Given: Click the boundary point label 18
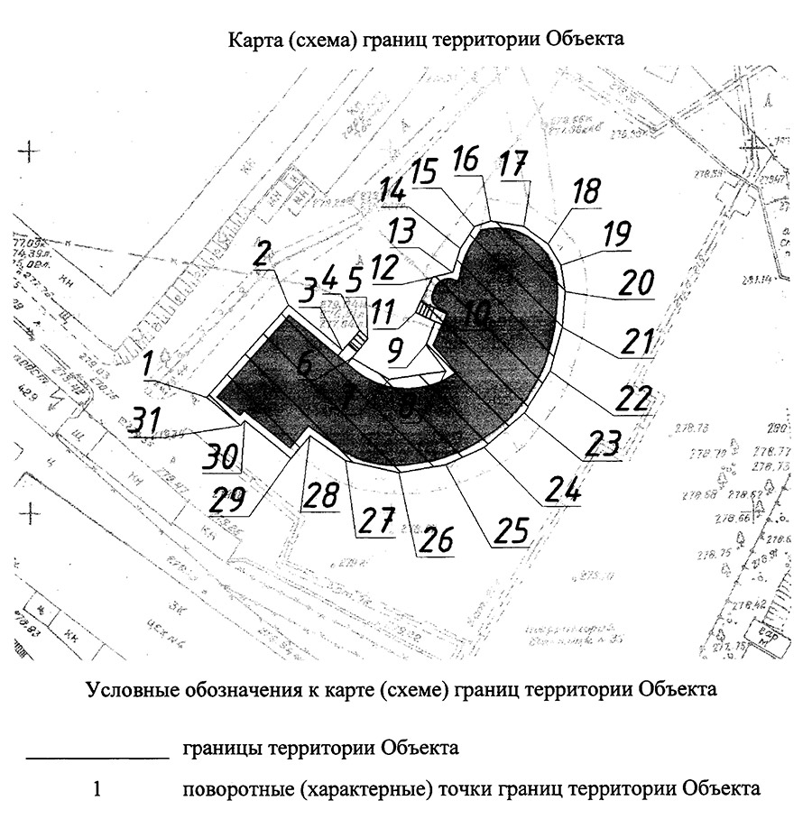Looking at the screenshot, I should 585,191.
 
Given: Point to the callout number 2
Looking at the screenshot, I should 262,255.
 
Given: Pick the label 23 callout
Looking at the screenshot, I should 603,443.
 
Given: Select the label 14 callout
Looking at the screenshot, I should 393,193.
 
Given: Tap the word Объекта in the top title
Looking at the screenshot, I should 583,41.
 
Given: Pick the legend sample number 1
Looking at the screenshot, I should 98,790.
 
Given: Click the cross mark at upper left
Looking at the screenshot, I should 32,151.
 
